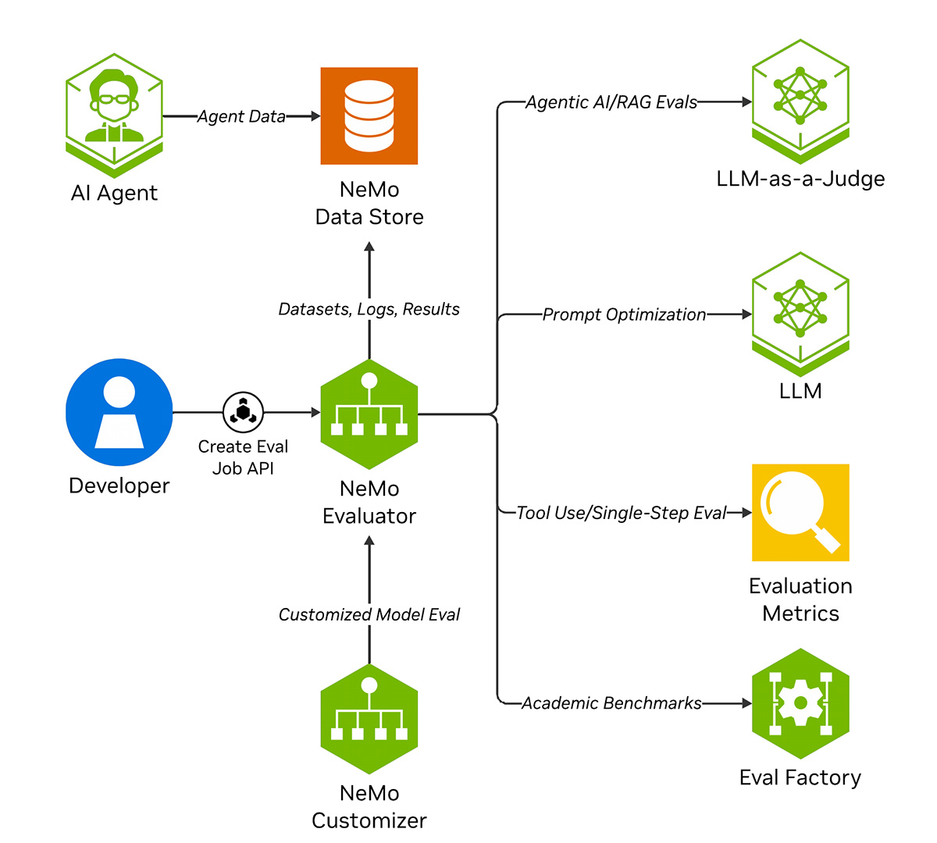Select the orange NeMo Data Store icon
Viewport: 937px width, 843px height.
point(369,116)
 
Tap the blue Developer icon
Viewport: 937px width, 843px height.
point(119,412)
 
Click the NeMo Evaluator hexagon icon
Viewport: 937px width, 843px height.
point(369,414)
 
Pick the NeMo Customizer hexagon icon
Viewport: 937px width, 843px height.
point(369,719)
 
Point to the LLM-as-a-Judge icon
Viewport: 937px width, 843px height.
point(800,98)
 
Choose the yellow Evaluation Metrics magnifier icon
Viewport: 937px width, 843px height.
point(800,513)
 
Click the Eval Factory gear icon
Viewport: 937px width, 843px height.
point(800,703)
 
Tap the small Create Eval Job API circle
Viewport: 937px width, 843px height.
point(243,412)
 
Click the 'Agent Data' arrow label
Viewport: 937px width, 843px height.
point(241,116)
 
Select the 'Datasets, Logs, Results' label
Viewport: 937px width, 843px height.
point(369,309)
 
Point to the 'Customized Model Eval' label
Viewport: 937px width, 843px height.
point(369,614)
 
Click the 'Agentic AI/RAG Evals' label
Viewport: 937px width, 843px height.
point(611,102)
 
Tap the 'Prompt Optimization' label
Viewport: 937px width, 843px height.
point(624,315)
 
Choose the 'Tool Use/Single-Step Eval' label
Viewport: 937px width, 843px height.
point(622,513)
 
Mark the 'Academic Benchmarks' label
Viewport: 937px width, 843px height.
point(611,703)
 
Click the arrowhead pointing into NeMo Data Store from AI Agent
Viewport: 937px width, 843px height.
point(315,116)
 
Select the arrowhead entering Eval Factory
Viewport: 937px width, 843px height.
point(746,703)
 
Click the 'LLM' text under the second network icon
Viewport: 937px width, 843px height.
point(800,390)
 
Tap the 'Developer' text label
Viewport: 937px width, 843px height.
point(119,486)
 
